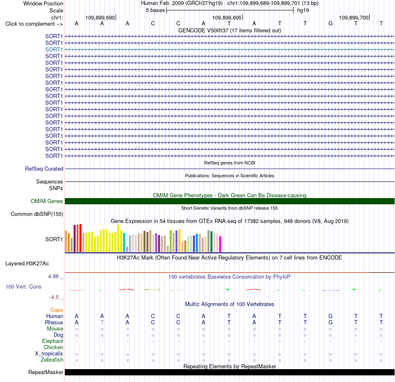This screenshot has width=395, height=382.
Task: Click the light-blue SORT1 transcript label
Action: [x=54, y=49]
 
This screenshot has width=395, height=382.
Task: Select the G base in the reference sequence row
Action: [x=331, y=23]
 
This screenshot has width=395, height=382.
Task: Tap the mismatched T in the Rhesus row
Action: [x=102, y=322]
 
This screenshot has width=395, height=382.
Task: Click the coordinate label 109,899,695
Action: [x=227, y=17]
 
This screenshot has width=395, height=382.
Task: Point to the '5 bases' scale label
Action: [x=155, y=10]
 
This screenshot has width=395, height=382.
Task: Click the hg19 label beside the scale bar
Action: [x=303, y=10]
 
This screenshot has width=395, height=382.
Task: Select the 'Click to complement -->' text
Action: [x=34, y=24]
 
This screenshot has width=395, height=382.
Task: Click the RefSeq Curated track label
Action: [x=44, y=169]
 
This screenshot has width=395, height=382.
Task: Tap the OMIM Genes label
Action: [x=47, y=201]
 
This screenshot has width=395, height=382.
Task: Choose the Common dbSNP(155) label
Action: [x=37, y=214]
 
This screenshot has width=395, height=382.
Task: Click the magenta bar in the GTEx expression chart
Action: [x=220, y=244]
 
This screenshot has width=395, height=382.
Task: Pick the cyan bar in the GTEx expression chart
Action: [x=124, y=242]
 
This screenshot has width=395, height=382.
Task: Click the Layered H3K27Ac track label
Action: [x=27, y=264]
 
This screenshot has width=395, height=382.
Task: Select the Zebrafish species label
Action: [x=52, y=360]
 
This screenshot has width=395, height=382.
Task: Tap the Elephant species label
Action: [x=53, y=341]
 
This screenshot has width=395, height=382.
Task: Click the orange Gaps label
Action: [x=57, y=310]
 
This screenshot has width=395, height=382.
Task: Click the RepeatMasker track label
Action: [x=46, y=372]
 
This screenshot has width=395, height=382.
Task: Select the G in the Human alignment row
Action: [x=331, y=316]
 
